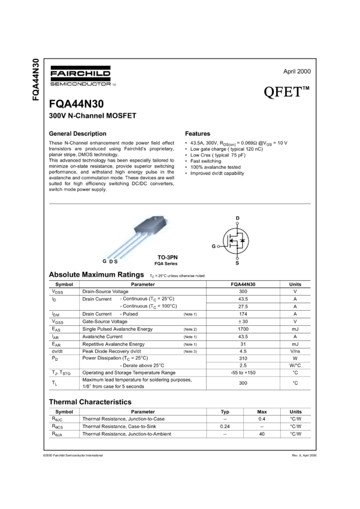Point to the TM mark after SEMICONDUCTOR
pos(114,84)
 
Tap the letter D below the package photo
pos(111,262)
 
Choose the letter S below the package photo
pos(116,262)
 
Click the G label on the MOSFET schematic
pos(213,246)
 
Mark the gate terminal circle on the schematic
pos(220,246)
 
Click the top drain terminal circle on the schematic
pos(238,222)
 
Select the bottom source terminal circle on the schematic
pos(238,258)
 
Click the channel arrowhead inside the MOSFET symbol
pos(232,241)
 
